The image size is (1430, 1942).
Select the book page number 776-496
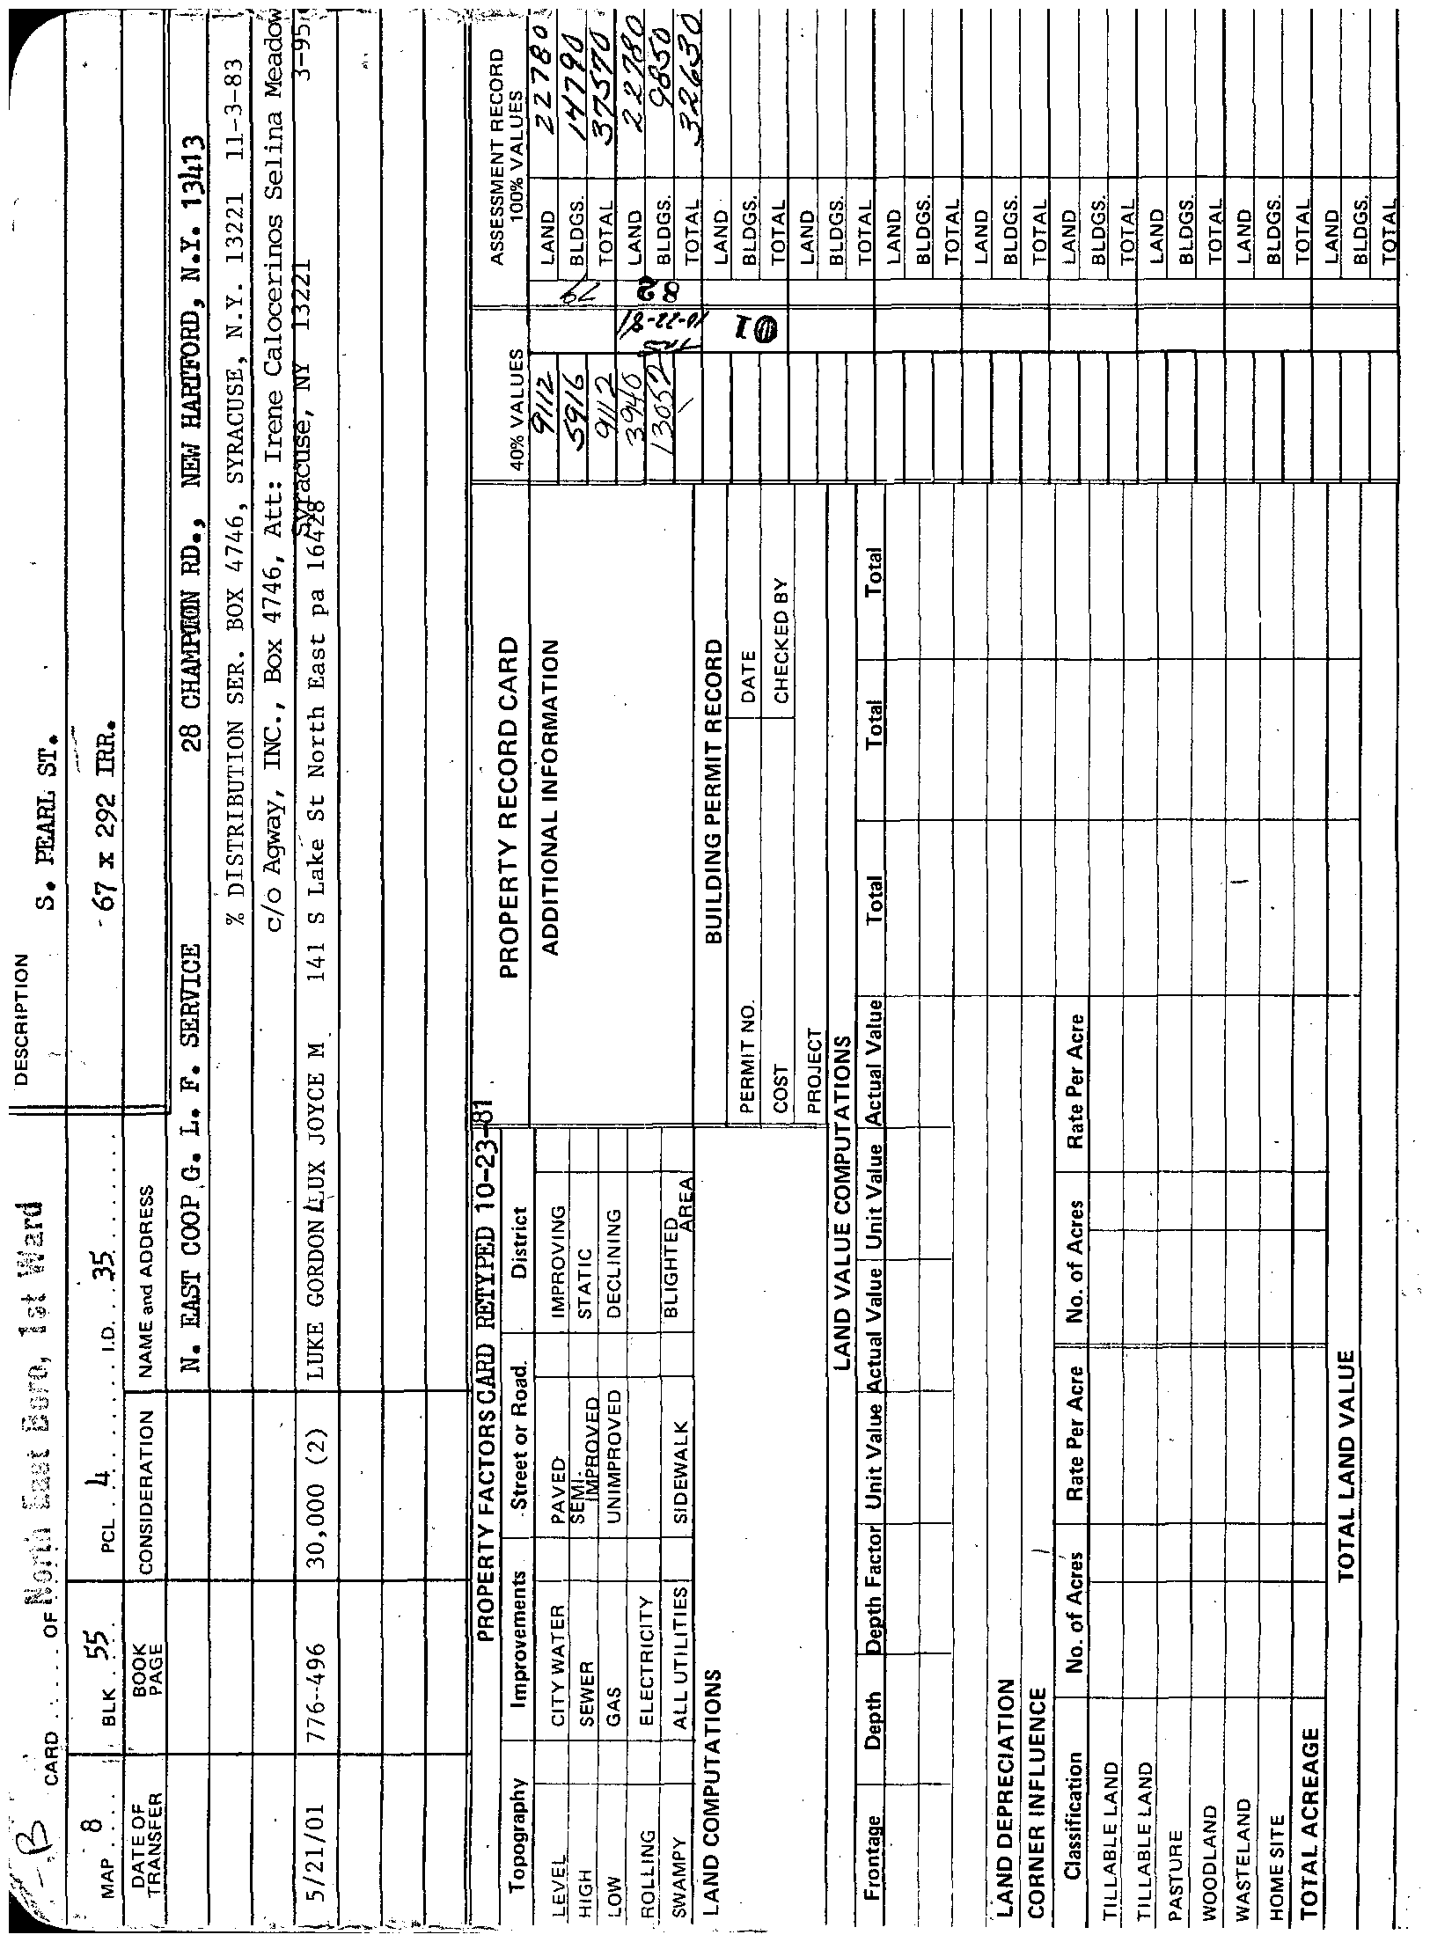317,1601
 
